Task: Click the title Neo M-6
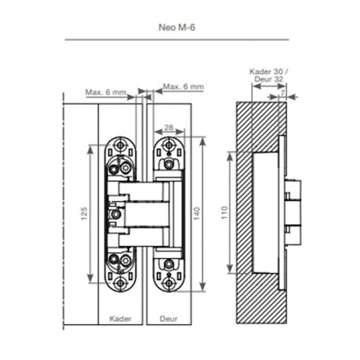[177, 28]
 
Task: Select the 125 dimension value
[84, 213]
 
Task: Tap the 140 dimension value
[197, 213]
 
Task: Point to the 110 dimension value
[225, 212]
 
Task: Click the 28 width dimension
[169, 128]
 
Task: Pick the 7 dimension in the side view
[283, 93]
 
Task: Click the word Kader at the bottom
[120, 319]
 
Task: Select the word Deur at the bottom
[169, 319]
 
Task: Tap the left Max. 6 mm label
[106, 92]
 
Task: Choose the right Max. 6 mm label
[183, 87]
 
